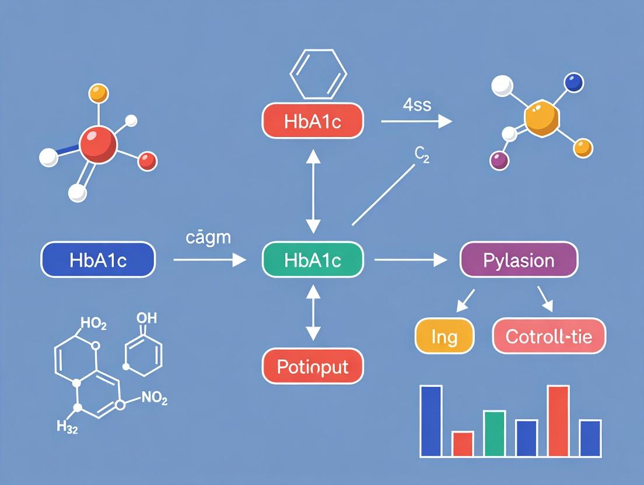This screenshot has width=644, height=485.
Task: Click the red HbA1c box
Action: point(313,121)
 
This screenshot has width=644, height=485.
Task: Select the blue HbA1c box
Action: point(98,259)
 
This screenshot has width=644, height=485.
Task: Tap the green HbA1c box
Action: point(313,259)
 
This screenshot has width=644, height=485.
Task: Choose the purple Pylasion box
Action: point(519,259)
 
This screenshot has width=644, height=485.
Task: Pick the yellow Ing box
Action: point(444,337)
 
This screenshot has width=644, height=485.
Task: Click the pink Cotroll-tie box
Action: point(549,337)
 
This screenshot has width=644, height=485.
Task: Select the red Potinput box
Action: point(313,367)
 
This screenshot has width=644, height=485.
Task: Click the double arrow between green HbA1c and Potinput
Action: point(313,312)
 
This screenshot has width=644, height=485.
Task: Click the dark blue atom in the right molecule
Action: point(574,83)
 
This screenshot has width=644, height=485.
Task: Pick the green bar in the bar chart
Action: point(494,433)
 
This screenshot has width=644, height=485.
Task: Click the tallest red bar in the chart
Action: point(558,420)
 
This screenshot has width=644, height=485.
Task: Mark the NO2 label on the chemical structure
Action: point(155,399)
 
